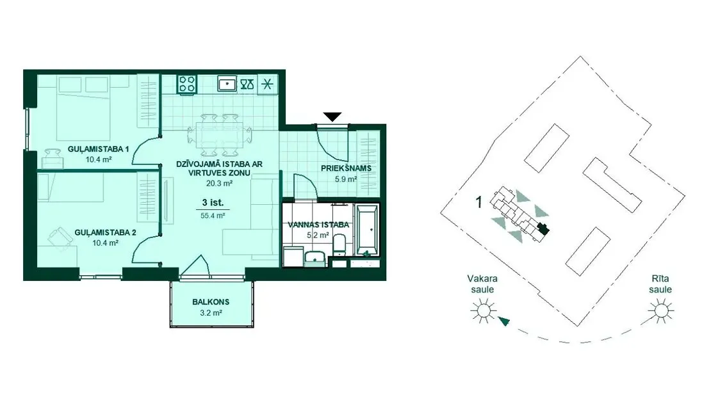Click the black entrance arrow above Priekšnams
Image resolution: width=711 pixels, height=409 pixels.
click(x=332, y=117)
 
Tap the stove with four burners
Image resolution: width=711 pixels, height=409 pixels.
click(x=187, y=84)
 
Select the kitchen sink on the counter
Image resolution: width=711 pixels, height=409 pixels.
click(x=227, y=84)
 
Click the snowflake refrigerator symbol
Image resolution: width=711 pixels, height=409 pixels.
click(x=268, y=84)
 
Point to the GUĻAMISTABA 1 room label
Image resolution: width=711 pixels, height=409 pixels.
click(x=99, y=149)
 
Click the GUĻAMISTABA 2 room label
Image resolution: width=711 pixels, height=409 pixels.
click(x=105, y=233)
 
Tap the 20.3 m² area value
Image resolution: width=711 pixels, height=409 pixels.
click(x=219, y=184)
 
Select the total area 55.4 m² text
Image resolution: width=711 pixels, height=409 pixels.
click(x=213, y=216)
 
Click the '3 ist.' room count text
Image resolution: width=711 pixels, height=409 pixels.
click(x=213, y=203)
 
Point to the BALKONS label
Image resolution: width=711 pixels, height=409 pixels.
click(x=211, y=302)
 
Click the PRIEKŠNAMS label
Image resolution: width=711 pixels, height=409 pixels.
click(x=346, y=168)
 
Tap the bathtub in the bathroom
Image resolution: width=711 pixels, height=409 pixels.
click(x=366, y=230)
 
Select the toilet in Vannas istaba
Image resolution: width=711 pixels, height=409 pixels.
click(x=339, y=244)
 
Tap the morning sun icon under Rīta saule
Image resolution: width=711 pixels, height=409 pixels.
click(x=660, y=311)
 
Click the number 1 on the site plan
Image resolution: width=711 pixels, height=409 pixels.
click(x=479, y=202)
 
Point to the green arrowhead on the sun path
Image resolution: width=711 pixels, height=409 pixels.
click(x=503, y=321)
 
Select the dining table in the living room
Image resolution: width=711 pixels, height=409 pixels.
click(x=220, y=135)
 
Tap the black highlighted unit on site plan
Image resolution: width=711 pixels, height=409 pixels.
click(x=543, y=229)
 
